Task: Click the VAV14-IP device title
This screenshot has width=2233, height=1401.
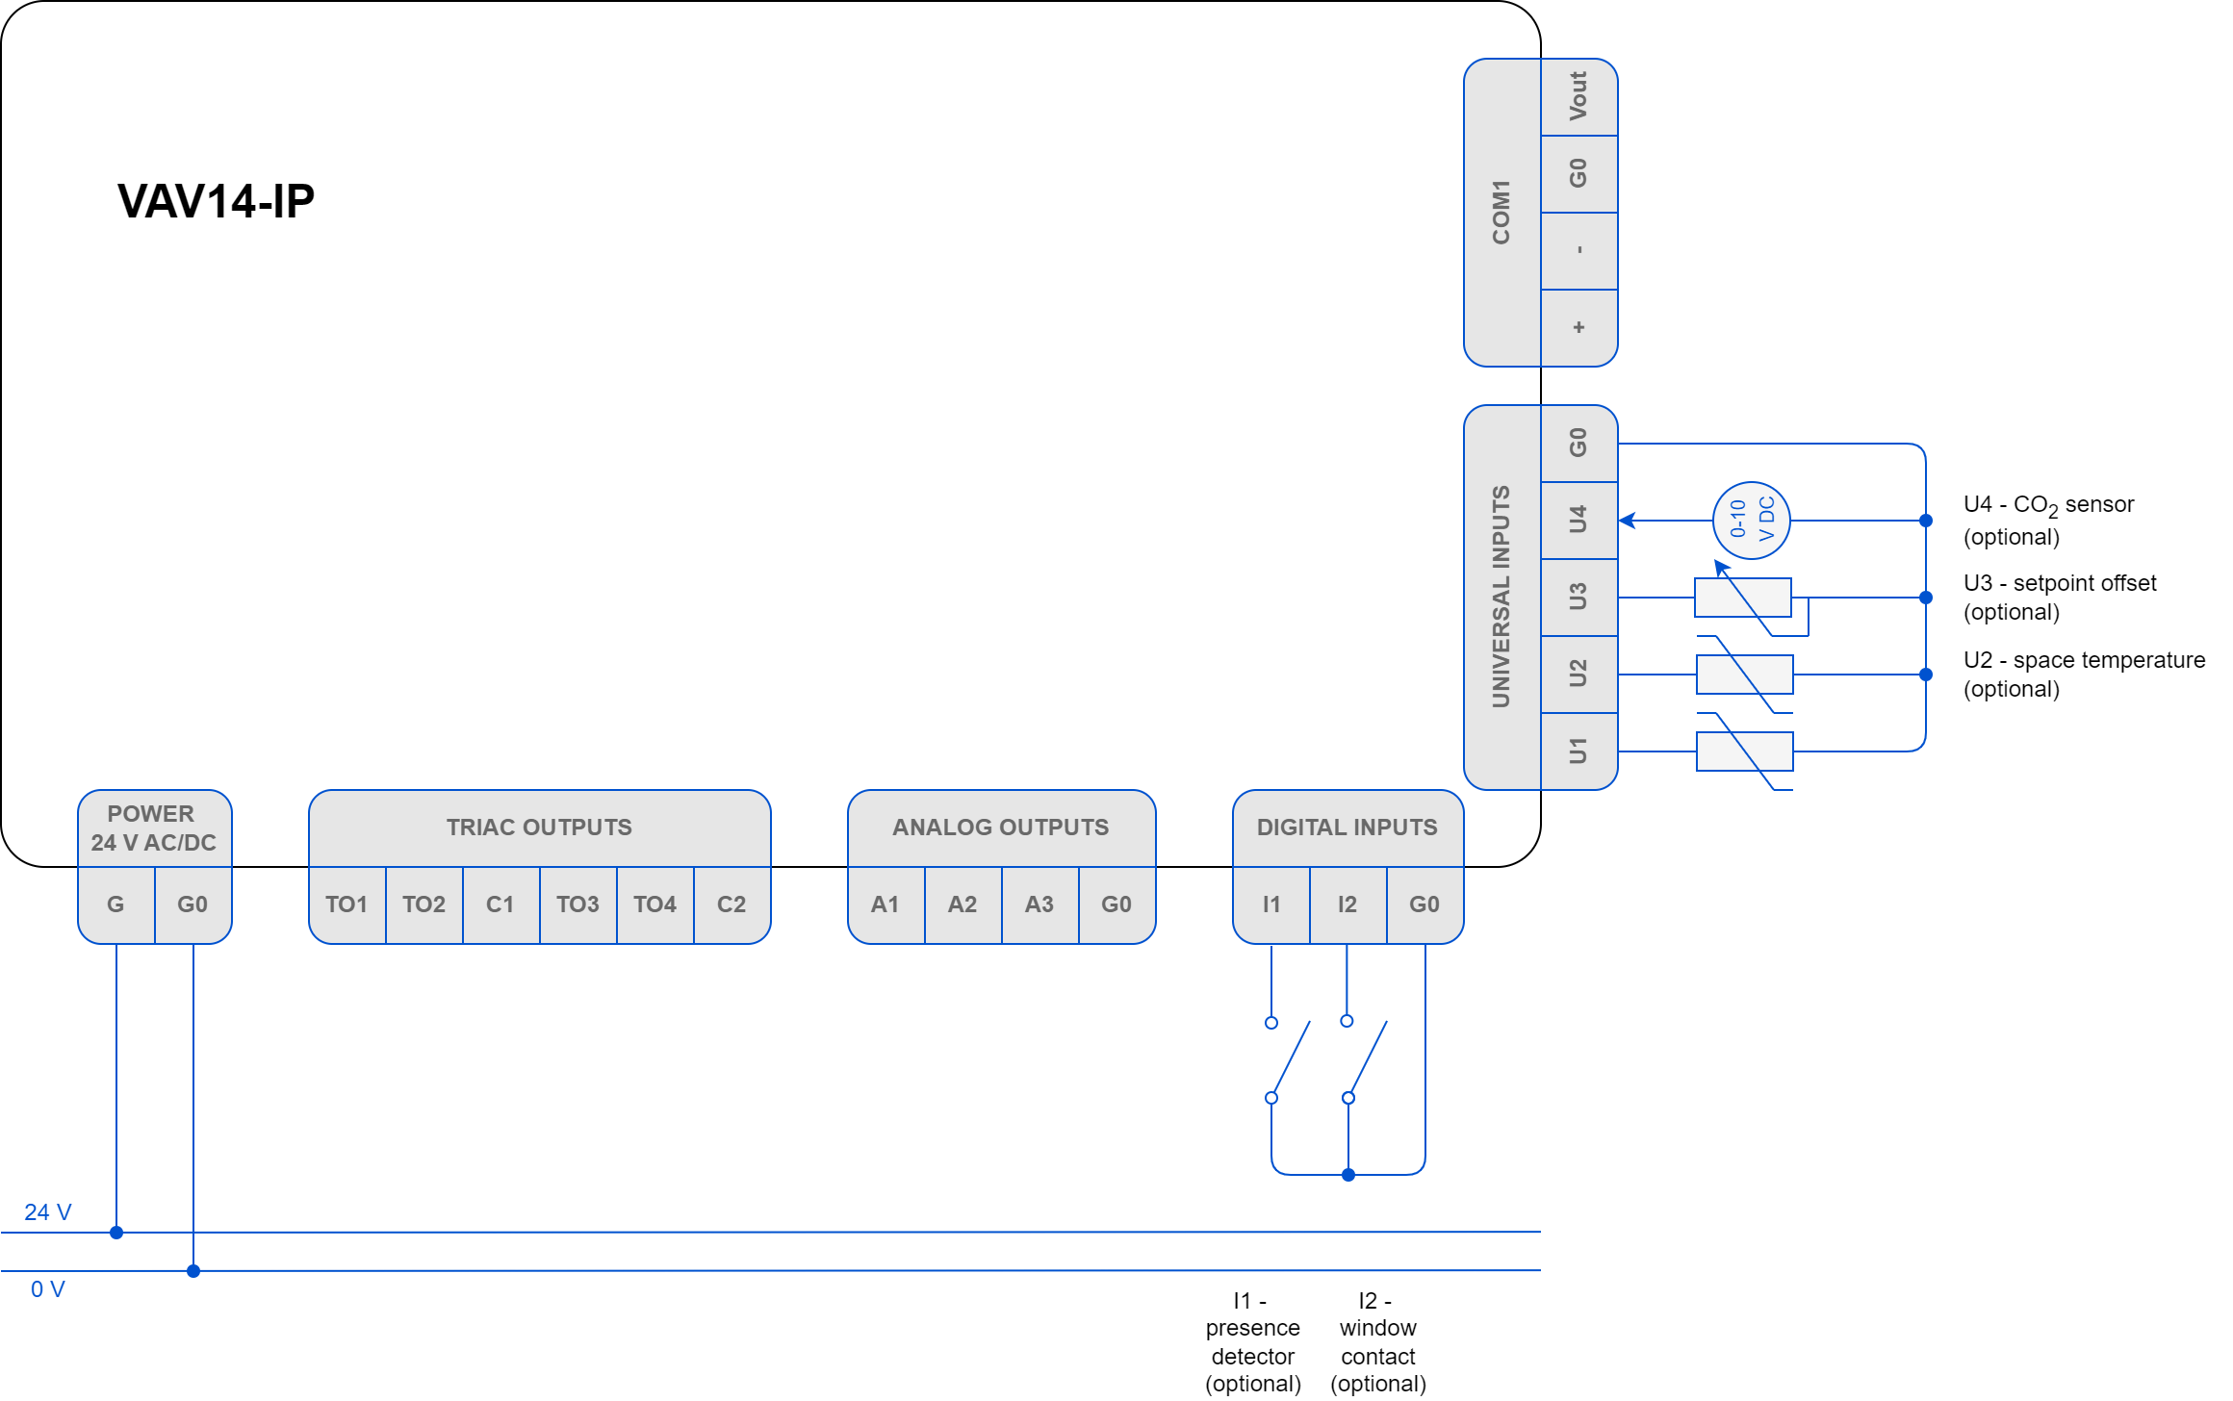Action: coord(216,201)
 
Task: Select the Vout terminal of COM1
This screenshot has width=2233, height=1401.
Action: coord(1578,96)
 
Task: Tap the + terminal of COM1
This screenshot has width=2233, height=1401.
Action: coord(1578,327)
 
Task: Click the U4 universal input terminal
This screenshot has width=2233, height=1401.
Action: coord(1578,520)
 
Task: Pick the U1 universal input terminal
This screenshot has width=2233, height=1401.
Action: coord(1578,751)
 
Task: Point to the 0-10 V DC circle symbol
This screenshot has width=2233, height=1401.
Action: coord(1751,520)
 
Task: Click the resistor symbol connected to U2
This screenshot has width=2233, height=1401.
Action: coord(1744,674)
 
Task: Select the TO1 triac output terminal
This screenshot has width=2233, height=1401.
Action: coord(346,904)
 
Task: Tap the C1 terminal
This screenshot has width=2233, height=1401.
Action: coord(500,904)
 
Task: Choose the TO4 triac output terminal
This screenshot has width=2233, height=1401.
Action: coord(654,904)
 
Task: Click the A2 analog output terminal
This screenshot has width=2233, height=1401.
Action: coord(962,904)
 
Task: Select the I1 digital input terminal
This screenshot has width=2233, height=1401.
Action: coord(1271,904)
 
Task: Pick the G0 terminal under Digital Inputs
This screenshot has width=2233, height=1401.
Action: coord(1424,904)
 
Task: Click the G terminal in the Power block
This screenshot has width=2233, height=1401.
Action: coord(115,904)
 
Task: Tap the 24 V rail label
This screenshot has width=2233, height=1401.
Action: coord(48,1212)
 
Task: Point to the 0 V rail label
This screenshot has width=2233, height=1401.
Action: coord(48,1289)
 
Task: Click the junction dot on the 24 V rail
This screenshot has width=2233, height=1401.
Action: coord(116,1233)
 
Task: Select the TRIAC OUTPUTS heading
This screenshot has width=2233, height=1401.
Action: coord(539,828)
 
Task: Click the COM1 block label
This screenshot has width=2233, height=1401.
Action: coord(1501,212)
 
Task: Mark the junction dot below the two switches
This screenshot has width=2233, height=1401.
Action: coord(1348,1175)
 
